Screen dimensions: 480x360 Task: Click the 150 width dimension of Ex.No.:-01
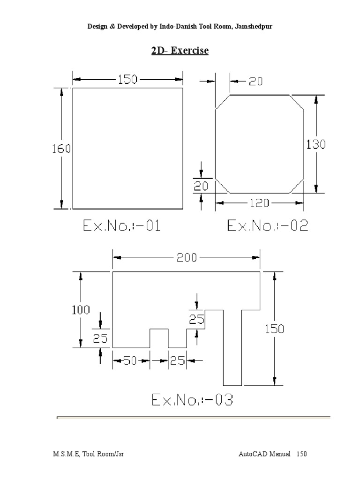[x=127, y=79]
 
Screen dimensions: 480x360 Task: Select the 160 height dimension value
[x=61, y=149]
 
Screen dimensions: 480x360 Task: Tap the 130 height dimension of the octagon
[x=316, y=144]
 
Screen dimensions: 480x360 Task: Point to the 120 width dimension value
[x=260, y=203]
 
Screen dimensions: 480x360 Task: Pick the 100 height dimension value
[x=81, y=310]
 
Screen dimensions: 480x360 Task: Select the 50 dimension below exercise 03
[x=131, y=360]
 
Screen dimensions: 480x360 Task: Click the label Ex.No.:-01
[x=122, y=226]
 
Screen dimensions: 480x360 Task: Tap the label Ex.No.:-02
[x=268, y=226]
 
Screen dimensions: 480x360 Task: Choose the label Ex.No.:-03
[x=192, y=400]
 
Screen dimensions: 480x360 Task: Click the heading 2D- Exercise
[x=180, y=50]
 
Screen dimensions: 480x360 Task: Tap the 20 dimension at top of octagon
[x=255, y=81]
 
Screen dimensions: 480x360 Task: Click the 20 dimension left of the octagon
[x=201, y=186]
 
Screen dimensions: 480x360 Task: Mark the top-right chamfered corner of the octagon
[x=297, y=102]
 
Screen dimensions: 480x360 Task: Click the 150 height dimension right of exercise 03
[x=274, y=329]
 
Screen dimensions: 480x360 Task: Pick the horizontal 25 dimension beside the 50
[x=177, y=360]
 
